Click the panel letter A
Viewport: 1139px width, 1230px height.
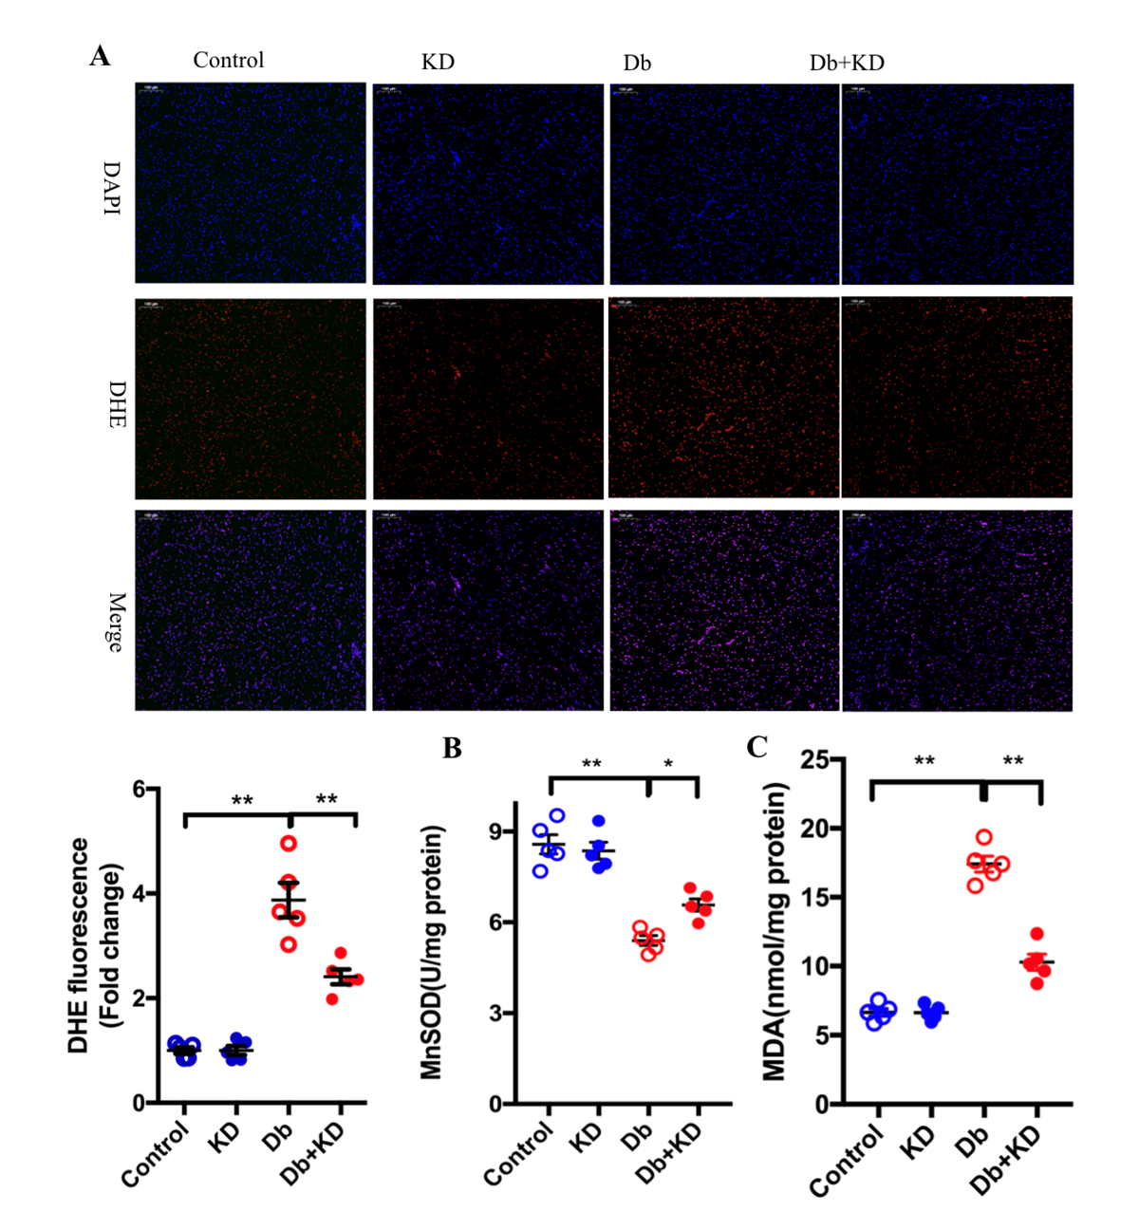pyautogui.click(x=100, y=57)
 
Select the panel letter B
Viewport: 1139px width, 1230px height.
pyautogui.click(x=453, y=748)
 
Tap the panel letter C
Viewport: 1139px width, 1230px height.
pyautogui.click(x=756, y=747)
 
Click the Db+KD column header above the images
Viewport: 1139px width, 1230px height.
pyautogui.click(x=847, y=64)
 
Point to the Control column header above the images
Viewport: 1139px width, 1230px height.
pyautogui.click(x=228, y=61)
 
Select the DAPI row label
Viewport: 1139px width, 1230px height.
pyautogui.click(x=112, y=187)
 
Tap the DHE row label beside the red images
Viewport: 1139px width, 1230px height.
pyautogui.click(x=116, y=404)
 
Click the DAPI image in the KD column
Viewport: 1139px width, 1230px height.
pyautogui.click(x=488, y=184)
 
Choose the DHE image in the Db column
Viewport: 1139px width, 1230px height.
pyautogui.click(x=723, y=398)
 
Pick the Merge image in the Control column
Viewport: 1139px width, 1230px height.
pyautogui.click(x=250, y=610)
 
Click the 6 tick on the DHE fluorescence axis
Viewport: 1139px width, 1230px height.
pyautogui.click(x=140, y=790)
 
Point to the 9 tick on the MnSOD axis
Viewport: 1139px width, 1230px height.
pyautogui.click(x=495, y=831)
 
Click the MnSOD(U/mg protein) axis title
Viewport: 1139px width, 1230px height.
pyautogui.click(x=433, y=952)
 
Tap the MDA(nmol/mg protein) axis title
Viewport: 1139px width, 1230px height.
pyautogui.click(x=775, y=931)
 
